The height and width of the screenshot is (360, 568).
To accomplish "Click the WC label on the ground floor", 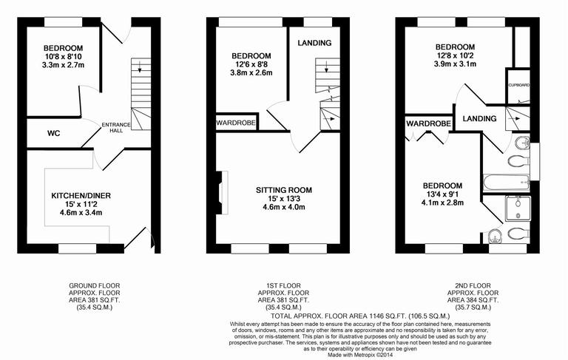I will pyautogui.click(x=53, y=134).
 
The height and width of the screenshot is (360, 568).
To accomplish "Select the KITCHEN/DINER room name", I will pyautogui.click(x=80, y=196).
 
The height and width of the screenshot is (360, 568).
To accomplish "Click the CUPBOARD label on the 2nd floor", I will pyautogui.click(x=518, y=85).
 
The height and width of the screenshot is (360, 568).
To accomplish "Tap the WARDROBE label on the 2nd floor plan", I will pyautogui.click(x=428, y=123).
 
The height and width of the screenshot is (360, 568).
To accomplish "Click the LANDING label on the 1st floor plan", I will pyautogui.click(x=314, y=43).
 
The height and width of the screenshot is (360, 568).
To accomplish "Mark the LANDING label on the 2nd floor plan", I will pyautogui.click(x=479, y=119).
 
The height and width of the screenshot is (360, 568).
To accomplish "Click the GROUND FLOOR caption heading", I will pyautogui.click(x=94, y=285).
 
